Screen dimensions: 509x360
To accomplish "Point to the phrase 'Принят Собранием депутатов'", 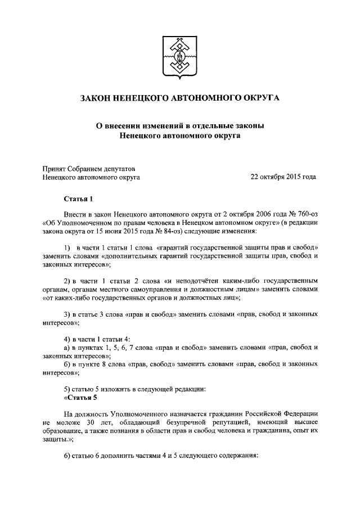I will click(88, 168).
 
